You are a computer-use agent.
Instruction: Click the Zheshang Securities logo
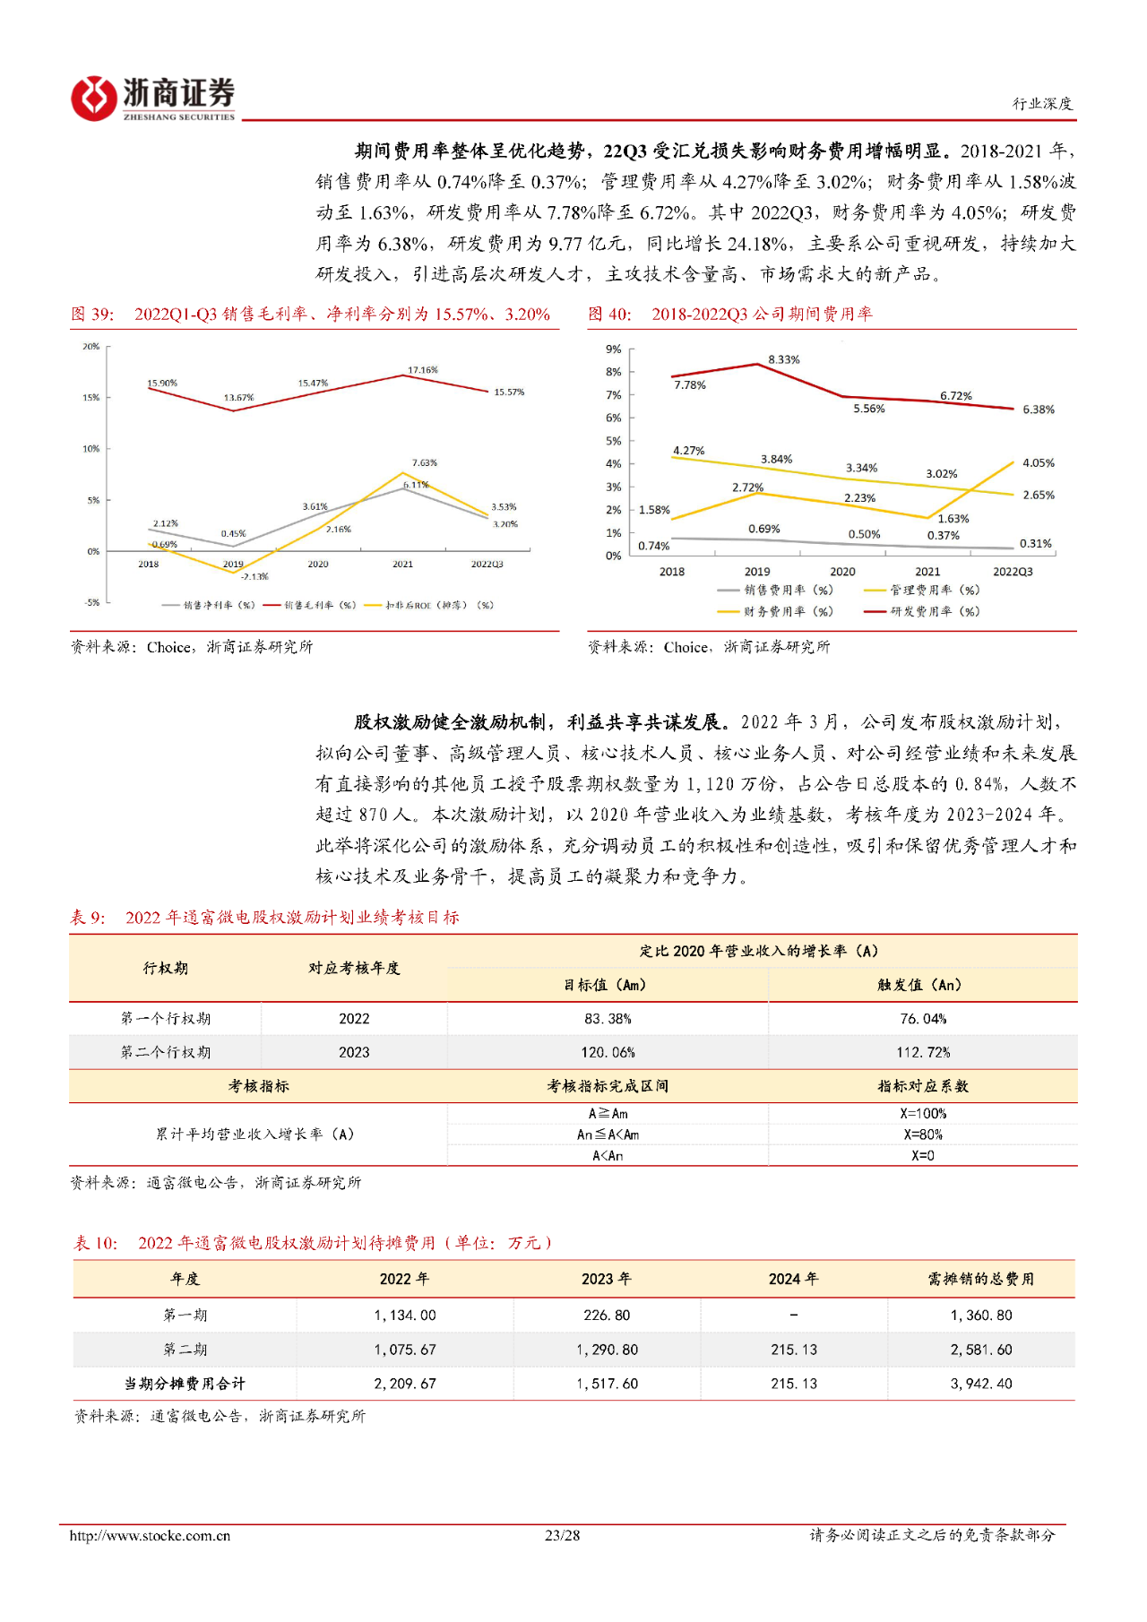tap(153, 98)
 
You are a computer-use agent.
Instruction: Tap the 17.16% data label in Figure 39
tap(423, 369)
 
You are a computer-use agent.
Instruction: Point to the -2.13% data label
tap(254, 576)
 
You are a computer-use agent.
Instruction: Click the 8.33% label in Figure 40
tap(784, 359)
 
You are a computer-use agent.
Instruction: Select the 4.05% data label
tap(1039, 463)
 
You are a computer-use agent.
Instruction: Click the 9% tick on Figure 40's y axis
tap(613, 349)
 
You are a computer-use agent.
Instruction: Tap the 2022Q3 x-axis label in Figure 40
tap(1013, 572)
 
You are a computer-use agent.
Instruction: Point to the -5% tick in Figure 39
tap(92, 602)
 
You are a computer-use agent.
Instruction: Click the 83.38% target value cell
tap(608, 1019)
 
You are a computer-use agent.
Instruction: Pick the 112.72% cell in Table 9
tap(923, 1052)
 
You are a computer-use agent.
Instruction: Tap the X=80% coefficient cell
tap(923, 1135)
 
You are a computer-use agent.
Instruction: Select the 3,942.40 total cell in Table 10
tap(981, 1384)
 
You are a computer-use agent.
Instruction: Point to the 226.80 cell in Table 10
tap(607, 1316)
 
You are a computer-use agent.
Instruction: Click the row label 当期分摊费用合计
tap(185, 1384)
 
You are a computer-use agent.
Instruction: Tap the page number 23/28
tap(563, 1535)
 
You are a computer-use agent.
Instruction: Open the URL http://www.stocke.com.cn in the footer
tap(150, 1535)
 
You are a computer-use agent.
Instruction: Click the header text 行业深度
tap(1042, 104)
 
